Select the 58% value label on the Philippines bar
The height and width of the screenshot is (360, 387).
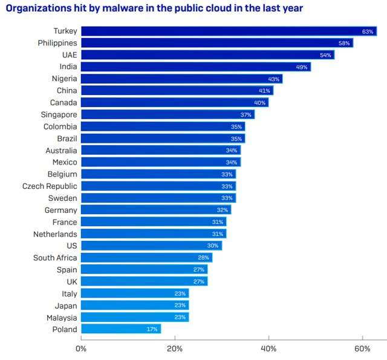(x=344, y=43)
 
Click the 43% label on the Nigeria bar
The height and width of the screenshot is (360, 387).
(x=274, y=79)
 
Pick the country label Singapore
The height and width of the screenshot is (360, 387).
(x=58, y=114)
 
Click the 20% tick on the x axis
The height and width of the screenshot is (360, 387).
(x=175, y=349)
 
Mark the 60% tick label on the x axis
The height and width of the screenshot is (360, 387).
(x=362, y=349)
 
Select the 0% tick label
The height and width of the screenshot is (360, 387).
(x=81, y=349)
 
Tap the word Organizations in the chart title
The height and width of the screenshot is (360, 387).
(x=37, y=8)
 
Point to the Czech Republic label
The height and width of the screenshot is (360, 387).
(x=50, y=186)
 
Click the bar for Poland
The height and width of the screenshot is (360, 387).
(x=120, y=329)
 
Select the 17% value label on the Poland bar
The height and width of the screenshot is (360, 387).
(x=152, y=329)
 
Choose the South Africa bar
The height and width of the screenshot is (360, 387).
(x=146, y=258)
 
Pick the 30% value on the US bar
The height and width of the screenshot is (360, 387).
(x=213, y=246)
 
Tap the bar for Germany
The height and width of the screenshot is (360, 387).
(x=155, y=210)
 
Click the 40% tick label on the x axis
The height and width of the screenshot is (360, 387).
(x=268, y=349)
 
